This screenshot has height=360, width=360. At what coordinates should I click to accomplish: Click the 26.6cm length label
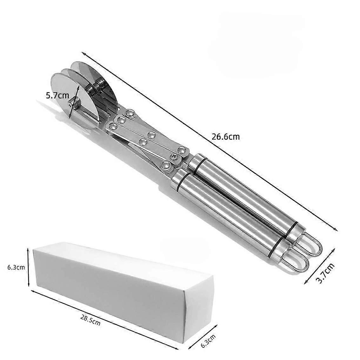pos(225,137)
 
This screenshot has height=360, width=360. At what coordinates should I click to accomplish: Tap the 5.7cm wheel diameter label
pos(57,95)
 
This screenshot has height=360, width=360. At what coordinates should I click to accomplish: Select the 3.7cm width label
pos(326,273)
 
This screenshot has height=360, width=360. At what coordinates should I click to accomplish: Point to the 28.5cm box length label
pos(90,320)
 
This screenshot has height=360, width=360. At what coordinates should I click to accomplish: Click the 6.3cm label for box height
pos(16,267)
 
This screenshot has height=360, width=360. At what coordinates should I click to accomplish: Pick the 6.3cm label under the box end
pos(208,341)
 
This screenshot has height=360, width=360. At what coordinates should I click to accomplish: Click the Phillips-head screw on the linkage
pos(174,157)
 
